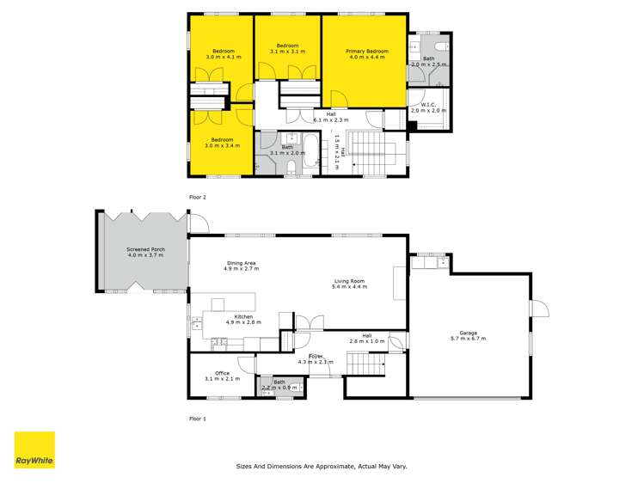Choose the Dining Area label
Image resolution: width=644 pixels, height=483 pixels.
click(240, 266)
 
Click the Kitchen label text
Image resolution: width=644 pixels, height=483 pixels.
click(242, 319)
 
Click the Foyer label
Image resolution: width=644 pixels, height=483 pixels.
click(316, 358)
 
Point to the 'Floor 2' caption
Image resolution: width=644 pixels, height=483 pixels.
click(199, 197)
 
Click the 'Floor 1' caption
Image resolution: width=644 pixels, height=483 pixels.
click(199, 419)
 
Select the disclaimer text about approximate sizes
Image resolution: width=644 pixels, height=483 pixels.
click(322, 467)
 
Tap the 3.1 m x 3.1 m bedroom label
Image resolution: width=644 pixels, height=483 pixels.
click(286, 49)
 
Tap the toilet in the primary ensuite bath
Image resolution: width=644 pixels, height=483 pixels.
click(439, 46)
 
